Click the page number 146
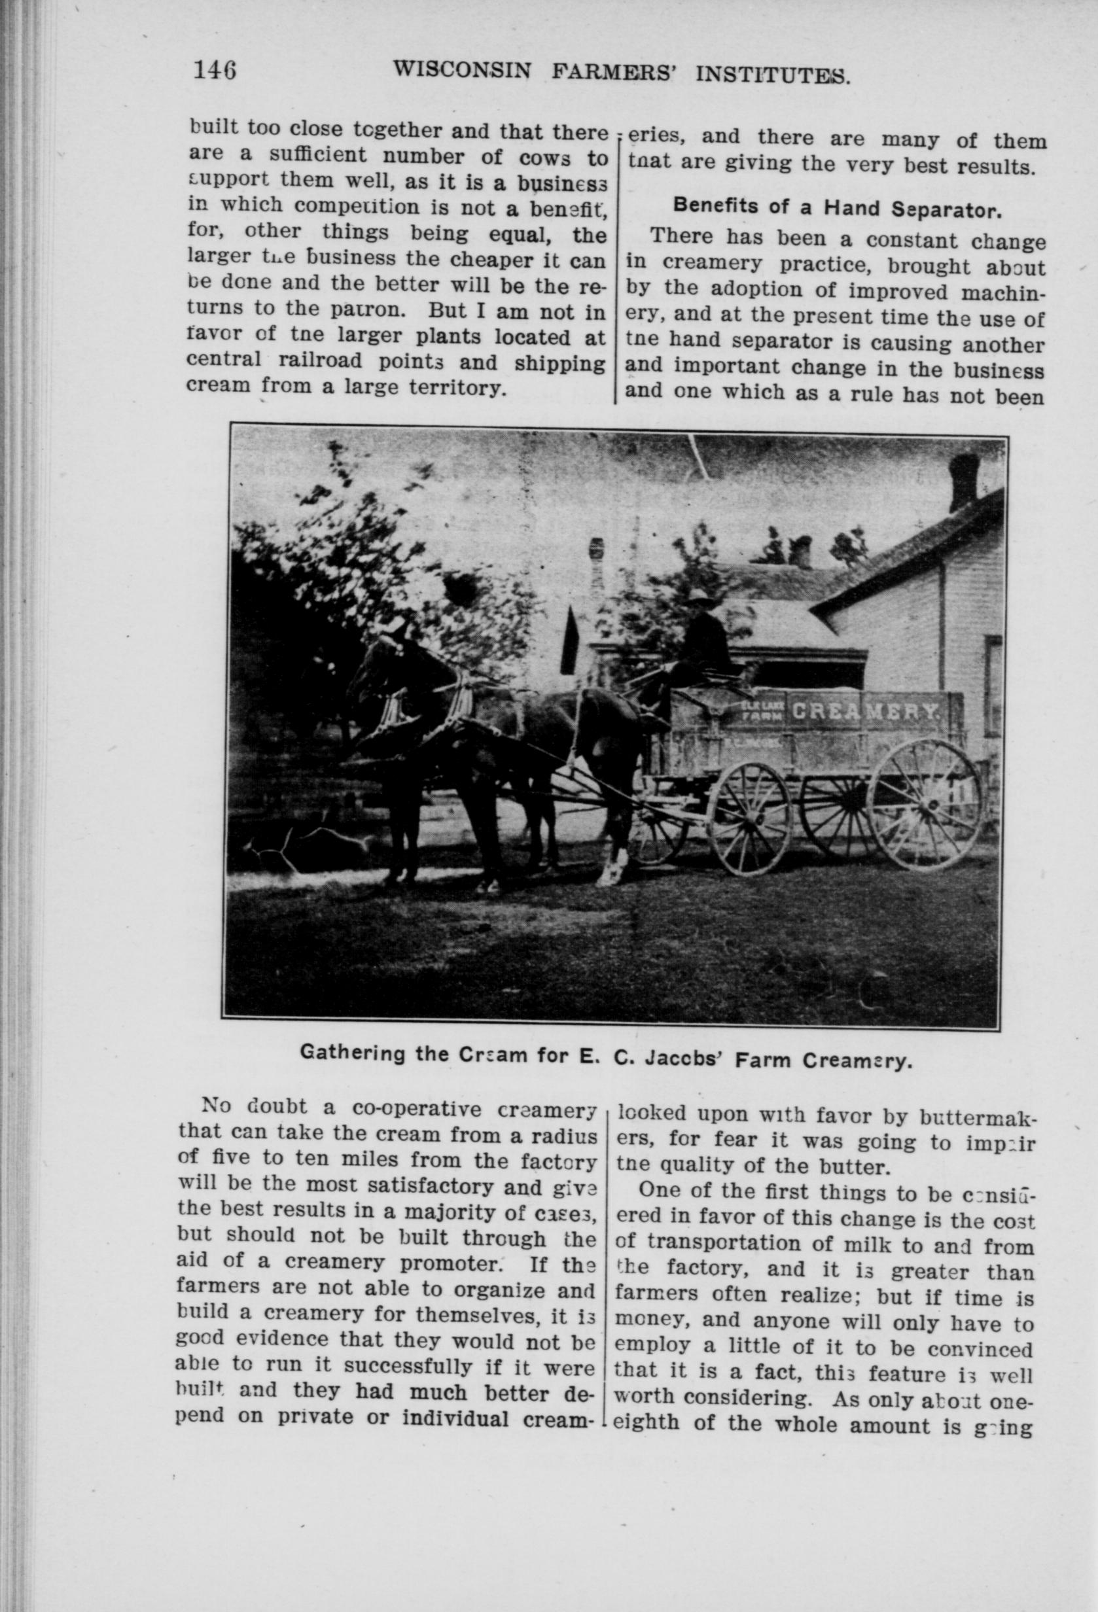(216, 71)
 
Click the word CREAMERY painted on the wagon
(865, 711)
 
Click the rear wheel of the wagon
(923, 805)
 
